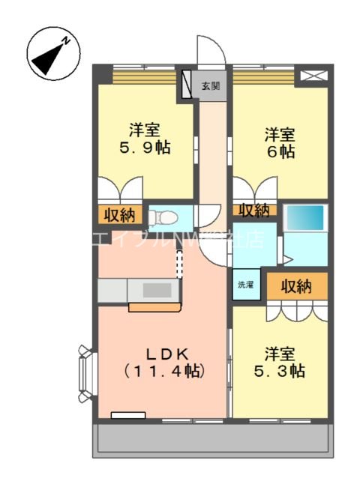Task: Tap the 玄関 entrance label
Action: [211, 86]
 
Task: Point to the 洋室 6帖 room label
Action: [279, 142]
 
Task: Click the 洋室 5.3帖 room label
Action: [279, 361]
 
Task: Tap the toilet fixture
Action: [164, 217]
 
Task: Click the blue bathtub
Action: [305, 217]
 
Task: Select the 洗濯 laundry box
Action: [246, 285]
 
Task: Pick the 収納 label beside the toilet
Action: [119, 216]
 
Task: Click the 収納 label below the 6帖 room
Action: [254, 211]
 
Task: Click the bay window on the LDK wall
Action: [85, 372]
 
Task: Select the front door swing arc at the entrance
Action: [208, 51]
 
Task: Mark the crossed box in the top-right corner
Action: [312, 76]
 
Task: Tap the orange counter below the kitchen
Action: [154, 306]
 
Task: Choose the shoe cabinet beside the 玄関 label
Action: [186, 86]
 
